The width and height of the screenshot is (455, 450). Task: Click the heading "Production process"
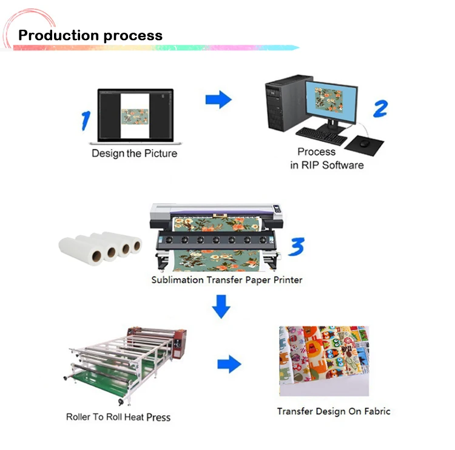coord(90,35)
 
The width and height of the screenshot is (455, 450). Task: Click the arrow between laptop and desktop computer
coord(218,99)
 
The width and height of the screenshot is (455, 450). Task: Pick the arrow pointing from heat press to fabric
coord(229,364)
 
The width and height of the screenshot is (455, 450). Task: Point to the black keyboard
coord(321,135)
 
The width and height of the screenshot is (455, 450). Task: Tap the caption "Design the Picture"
coord(134,153)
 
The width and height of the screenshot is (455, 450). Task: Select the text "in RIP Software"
coord(326,165)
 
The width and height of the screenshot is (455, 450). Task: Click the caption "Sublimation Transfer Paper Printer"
coord(226,280)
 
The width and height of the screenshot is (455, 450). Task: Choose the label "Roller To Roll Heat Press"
coord(118,417)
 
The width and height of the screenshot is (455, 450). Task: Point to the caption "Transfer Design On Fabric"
coord(334,411)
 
